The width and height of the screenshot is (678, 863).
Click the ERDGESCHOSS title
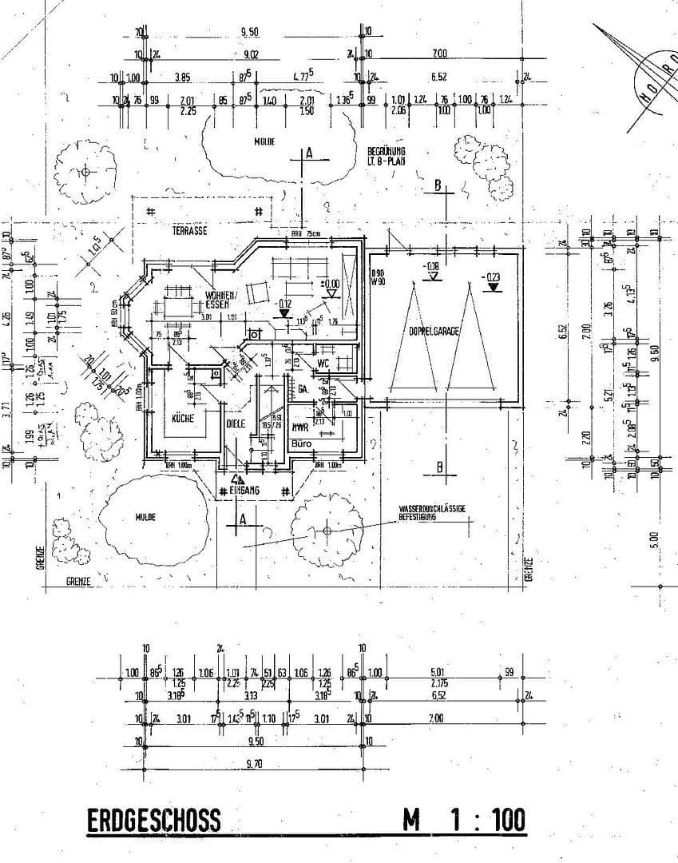[x=153, y=821]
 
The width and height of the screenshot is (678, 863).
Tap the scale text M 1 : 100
[x=464, y=821]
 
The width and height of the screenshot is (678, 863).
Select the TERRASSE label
[x=190, y=230]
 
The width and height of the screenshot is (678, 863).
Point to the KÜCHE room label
[x=183, y=418]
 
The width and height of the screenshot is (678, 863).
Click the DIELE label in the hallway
[x=235, y=424]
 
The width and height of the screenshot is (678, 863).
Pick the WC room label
[x=323, y=364]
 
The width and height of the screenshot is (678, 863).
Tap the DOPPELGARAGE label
[x=434, y=330]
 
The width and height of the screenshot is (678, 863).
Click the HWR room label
[x=301, y=427]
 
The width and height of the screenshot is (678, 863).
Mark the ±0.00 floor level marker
[x=330, y=283]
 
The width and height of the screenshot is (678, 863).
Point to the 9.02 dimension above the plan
[x=251, y=54]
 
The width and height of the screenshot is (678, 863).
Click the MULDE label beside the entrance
[x=145, y=517]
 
